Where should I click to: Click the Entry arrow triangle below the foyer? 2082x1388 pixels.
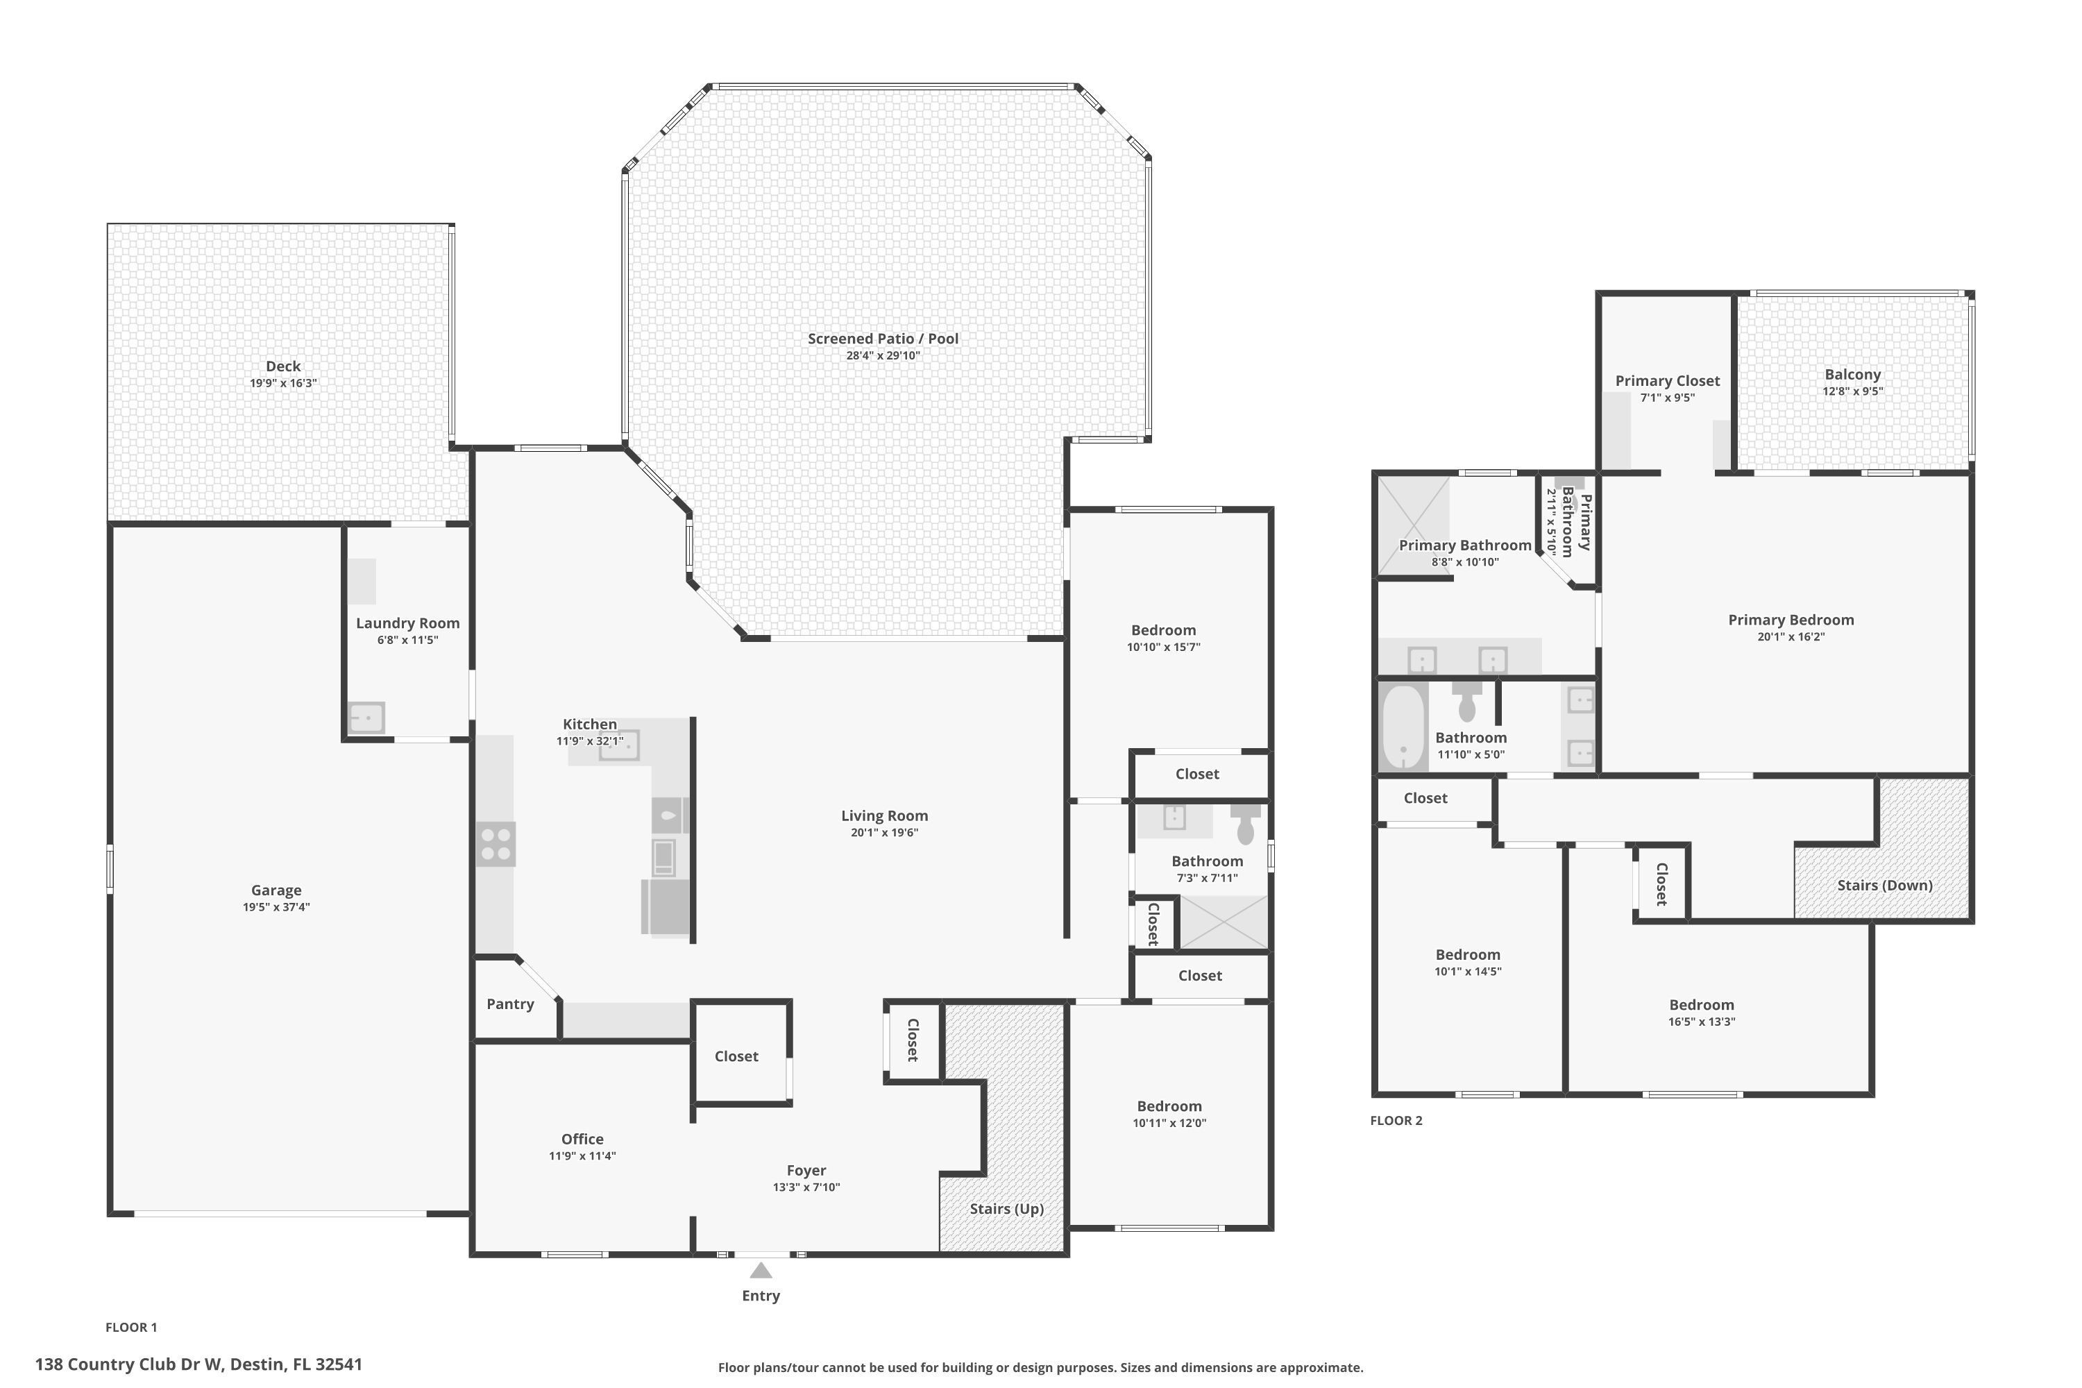coord(761,1271)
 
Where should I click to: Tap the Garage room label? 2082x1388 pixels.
coord(276,890)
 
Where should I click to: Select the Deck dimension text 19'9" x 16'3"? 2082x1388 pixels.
coord(283,383)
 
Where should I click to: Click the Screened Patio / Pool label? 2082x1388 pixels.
coord(883,338)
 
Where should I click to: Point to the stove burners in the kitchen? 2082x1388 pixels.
coord(496,844)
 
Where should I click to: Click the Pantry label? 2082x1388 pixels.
coord(510,1004)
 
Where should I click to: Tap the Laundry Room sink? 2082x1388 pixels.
coord(366,717)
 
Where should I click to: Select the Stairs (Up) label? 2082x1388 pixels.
coord(1006,1209)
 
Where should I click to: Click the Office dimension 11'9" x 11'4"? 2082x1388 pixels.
coord(582,1156)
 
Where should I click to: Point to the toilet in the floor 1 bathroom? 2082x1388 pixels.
coord(1246,827)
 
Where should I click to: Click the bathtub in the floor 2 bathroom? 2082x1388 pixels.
coord(1403,727)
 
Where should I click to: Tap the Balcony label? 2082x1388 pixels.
coord(1852,375)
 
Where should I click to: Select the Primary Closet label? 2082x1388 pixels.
coord(1667,380)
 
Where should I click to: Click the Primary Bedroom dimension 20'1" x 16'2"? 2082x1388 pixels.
coord(1791,636)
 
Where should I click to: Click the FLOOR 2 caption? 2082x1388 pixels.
coord(1396,1121)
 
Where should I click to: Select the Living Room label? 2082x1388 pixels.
coord(883,816)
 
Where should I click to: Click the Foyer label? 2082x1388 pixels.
coord(806,1170)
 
